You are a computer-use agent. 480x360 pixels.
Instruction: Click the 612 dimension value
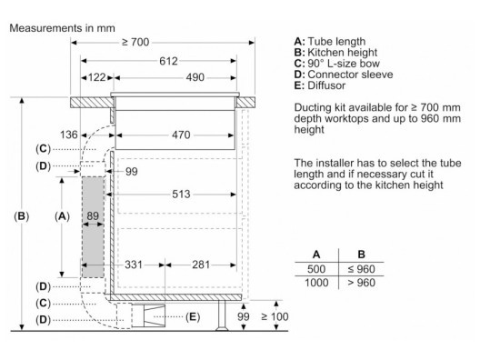click(168, 61)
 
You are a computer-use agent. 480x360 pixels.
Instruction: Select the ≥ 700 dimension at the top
click(135, 42)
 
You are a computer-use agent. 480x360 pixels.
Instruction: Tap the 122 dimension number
click(96, 77)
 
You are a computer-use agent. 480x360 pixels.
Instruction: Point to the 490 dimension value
click(195, 77)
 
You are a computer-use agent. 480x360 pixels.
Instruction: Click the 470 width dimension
click(181, 135)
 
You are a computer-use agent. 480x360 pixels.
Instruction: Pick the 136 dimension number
click(69, 135)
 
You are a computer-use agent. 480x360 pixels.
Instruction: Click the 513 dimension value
click(181, 194)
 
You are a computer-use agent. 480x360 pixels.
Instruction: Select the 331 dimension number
click(134, 265)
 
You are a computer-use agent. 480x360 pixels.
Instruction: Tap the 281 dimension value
click(201, 265)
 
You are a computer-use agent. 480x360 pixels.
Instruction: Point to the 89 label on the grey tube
click(93, 215)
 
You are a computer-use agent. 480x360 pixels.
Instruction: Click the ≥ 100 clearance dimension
click(275, 316)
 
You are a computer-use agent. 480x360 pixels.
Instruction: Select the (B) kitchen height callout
click(22, 216)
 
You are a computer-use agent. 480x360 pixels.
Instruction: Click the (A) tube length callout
click(62, 216)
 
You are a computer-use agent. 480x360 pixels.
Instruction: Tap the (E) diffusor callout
click(193, 316)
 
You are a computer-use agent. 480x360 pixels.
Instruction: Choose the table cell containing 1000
click(316, 282)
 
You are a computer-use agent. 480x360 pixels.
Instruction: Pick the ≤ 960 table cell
click(361, 269)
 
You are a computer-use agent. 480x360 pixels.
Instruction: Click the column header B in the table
click(361, 255)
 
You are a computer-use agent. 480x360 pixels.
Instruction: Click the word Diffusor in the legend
click(326, 85)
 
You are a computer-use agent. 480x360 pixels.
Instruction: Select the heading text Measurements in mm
click(63, 28)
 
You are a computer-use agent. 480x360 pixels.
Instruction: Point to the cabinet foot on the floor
click(222, 315)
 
